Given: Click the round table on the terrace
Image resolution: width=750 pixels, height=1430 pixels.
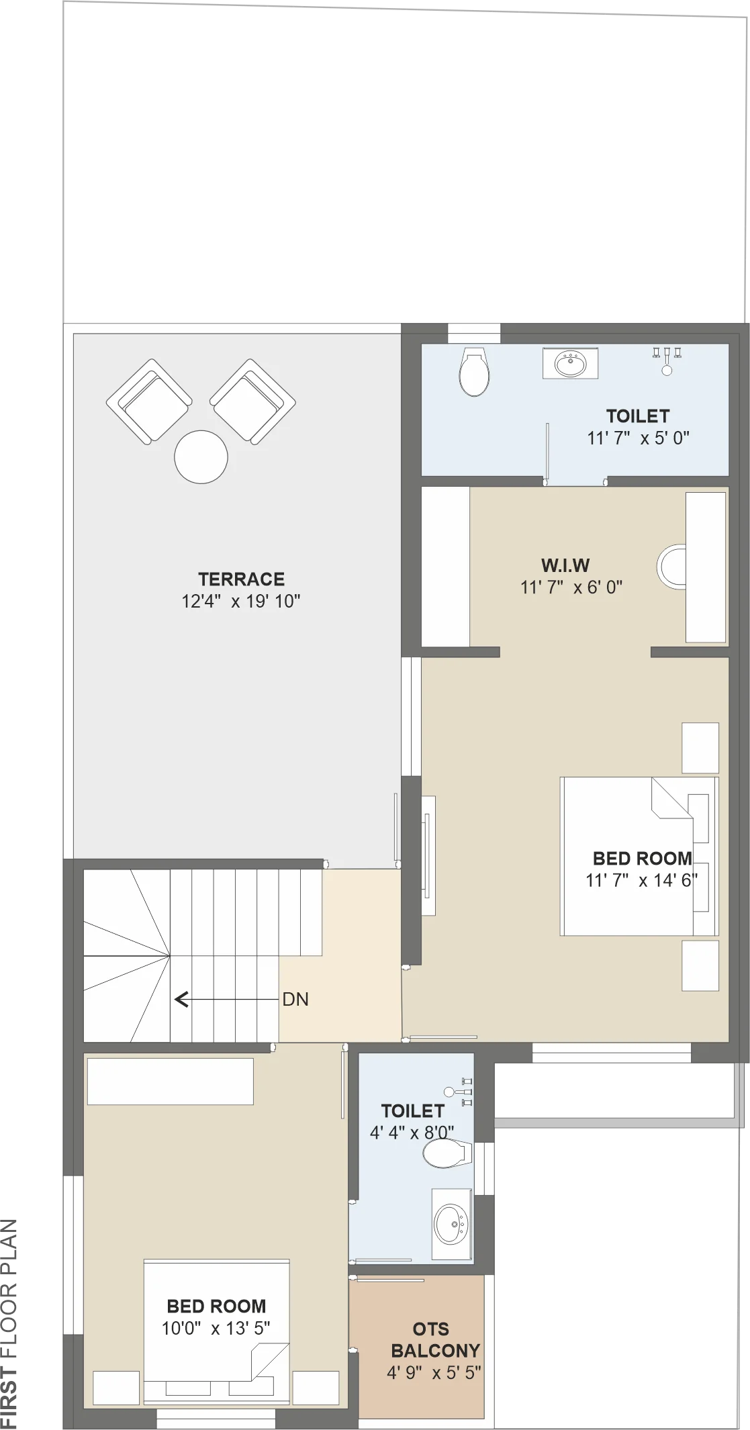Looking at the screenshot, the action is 201,457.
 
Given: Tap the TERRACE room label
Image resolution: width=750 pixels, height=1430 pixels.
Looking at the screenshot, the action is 241,579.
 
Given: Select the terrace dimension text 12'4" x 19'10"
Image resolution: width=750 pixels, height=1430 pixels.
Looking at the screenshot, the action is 241,601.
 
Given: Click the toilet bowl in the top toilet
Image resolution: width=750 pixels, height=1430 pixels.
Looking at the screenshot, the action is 473,372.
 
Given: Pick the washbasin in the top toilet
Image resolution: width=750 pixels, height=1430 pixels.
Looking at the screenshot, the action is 570,364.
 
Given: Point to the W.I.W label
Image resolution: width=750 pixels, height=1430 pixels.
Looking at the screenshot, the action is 565,565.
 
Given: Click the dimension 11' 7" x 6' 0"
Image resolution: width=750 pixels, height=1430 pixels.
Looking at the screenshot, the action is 571,587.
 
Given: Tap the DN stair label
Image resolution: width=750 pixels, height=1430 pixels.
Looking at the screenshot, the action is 295,999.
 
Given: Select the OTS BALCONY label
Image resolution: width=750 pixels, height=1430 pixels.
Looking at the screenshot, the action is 435,1339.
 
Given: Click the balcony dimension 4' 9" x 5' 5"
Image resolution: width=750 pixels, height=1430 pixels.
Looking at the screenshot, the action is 434,1372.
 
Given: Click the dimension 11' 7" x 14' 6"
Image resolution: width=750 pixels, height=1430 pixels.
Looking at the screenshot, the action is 641,880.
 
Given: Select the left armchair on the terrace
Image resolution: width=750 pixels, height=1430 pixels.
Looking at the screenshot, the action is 149,401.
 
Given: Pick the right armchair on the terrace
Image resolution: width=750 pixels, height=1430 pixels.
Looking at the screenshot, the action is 253,401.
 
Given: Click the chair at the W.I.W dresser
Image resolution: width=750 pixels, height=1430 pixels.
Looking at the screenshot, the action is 671,568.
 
